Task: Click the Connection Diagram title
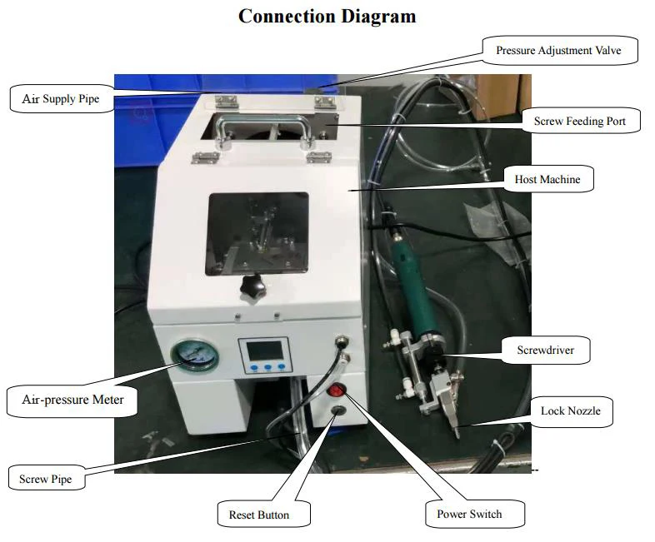point(327,16)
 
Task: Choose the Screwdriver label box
point(547,349)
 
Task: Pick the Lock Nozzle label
point(570,410)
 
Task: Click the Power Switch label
point(469,514)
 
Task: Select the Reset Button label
point(258,515)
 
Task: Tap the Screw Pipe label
point(46,479)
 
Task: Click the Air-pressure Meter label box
point(72,400)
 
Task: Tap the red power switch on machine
point(337,390)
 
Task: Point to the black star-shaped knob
point(250,288)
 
